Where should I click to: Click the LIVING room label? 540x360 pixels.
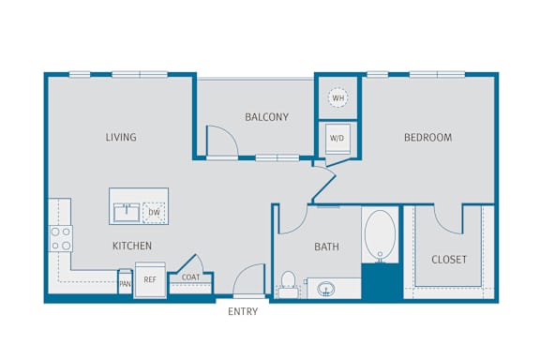(121, 137)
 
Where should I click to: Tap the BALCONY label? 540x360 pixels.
(266, 117)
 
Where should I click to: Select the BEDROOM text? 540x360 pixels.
(427, 138)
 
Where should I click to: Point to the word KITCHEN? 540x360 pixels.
(132, 246)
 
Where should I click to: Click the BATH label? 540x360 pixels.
(326, 247)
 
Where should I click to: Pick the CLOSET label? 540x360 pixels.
(449, 260)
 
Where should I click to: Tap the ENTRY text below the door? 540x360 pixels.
(243, 311)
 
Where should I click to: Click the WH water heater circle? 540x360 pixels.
(337, 97)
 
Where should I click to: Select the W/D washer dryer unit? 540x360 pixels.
(337, 139)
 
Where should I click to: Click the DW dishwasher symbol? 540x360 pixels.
(154, 213)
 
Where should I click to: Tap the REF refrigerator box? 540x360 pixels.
(150, 279)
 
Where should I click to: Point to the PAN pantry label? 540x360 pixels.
(125, 284)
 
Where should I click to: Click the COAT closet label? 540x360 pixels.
(191, 277)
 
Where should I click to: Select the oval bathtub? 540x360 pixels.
(381, 234)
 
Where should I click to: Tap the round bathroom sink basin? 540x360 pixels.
(326, 289)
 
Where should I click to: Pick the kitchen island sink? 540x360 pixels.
(127, 213)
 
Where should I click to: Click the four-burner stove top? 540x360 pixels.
(61, 238)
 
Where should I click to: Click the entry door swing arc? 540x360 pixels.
(244, 272)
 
